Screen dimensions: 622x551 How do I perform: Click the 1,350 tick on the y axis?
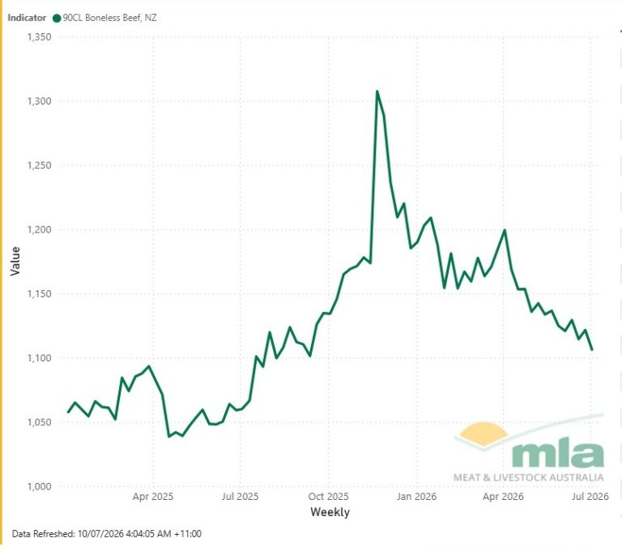pyautogui.click(x=39, y=37)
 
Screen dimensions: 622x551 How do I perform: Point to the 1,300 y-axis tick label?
pyautogui.click(x=39, y=101)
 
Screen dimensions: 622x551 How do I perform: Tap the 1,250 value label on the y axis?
pyautogui.click(x=39, y=165)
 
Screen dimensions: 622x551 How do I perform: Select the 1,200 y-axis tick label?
pyautogui.click(x=39, y=230)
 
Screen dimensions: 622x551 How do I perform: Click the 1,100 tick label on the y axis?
pyautogui.click(x=39, y=358)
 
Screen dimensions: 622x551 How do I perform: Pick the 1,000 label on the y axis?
pyautogui.click(x=39, y=487)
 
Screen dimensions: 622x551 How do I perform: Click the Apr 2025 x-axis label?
pyautogui.click(x=153, y=497)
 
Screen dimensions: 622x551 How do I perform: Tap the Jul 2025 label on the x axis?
pyautogui.click(x=240, y=497)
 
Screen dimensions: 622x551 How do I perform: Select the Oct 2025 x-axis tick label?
pyautogui.click(x=329, y=497)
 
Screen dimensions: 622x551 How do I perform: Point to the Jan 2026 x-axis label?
pyautogui.click(x=416, y=497)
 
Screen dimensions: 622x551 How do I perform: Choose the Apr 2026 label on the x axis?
pyautogui.click(x=503, y=497)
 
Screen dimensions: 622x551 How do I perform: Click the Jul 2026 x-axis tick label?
pyautogui.click(x=590, y=497)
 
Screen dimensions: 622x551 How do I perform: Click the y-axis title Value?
pyautogui.click(x=15, y=261)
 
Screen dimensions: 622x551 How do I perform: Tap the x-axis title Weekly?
pyautogui.click(x=330, y=512)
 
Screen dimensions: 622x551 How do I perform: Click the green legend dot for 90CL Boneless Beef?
pyautogui.click(x=57, y=19)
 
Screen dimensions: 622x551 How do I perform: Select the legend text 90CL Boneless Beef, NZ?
pyautogui.click(x=110, y=18)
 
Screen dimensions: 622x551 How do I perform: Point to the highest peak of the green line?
pyautogui.click(x=377, y=92)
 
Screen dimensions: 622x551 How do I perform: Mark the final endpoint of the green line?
pyautogui.click(x=592, y=350)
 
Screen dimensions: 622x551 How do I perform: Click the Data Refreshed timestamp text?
pyautogui.click(x=107, y=534)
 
